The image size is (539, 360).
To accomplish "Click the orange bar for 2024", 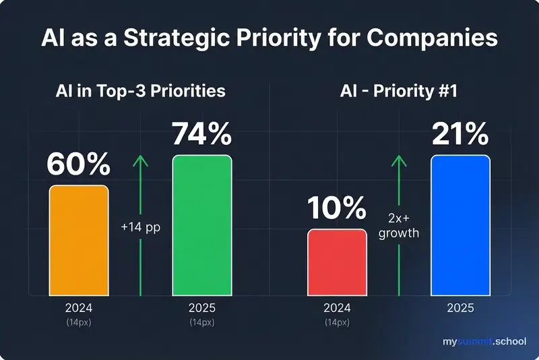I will coord(78,240).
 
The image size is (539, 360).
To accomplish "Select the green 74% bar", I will coord(201,225).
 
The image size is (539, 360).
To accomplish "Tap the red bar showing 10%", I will coord(337,262).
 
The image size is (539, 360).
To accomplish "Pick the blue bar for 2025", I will coord(460,225).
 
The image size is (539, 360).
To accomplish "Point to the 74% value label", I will coord(201,134).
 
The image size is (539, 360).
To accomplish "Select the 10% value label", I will coord(337,209).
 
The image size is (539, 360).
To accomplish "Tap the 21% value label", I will coord(460,134).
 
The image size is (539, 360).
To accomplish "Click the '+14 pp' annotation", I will coord(141,227).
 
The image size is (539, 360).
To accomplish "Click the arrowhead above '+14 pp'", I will coord(141,160).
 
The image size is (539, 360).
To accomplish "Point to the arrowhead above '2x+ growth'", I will coord(400,160).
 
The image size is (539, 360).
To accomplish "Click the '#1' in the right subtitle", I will coord(445,90).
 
